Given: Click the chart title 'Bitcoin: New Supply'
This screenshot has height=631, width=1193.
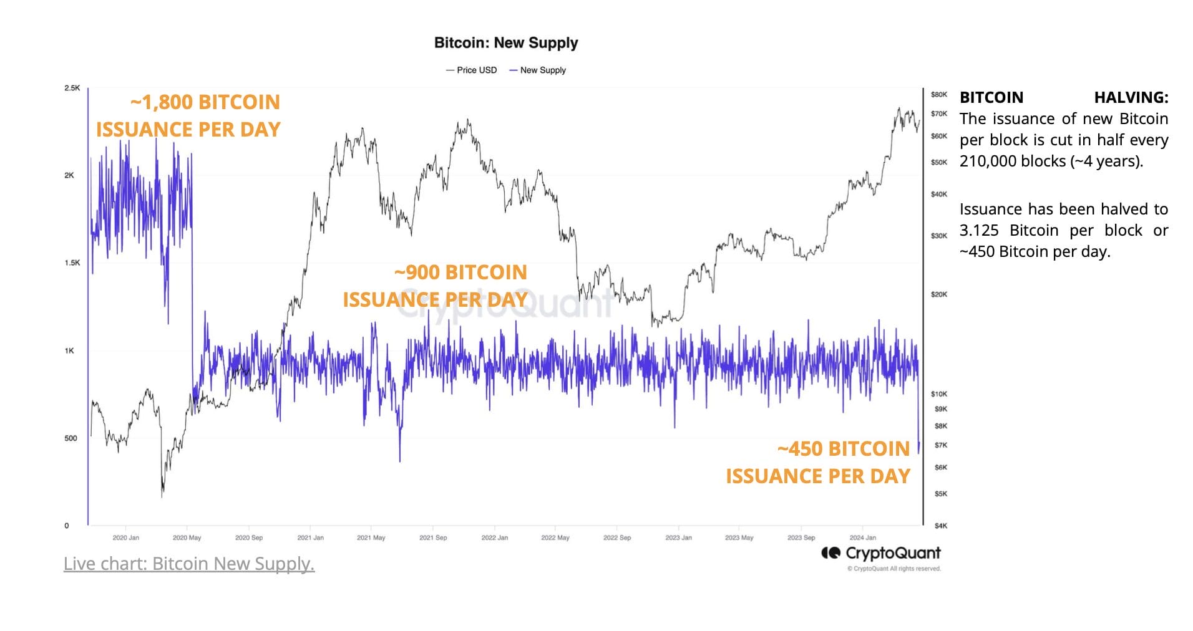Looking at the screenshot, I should click(506, 43).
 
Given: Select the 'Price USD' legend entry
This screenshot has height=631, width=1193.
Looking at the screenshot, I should click(472, 70).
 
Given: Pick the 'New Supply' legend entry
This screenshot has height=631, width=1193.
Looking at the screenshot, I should click(538, 70).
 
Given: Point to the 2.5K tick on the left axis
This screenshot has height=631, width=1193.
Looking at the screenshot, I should click(72, 88).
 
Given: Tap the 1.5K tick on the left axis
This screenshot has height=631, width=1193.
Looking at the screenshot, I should click(72, 263).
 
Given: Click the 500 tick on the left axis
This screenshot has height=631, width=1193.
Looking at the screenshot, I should click(71, 438).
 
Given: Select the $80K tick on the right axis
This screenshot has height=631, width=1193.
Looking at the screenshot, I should click(938, 95).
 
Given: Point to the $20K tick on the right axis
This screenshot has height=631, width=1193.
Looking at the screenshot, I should click(938, 294).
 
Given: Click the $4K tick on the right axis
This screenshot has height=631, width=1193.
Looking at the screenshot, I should click(940, 526).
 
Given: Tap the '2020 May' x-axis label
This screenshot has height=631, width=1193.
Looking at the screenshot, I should click(187, 537).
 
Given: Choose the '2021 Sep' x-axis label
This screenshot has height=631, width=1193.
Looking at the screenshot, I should click(433, 537).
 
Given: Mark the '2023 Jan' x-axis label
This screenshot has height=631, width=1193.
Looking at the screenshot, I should click(678, 537).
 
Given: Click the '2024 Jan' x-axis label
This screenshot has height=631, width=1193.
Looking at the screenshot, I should click(862, 537).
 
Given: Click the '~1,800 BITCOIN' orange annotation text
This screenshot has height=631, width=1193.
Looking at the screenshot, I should click(205, 102).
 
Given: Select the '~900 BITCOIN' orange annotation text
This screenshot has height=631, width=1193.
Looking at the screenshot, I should click(460, 272).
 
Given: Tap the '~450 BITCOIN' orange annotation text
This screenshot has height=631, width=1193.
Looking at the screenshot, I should click(844, 449).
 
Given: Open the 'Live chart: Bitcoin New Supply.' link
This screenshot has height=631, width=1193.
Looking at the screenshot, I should click(189, 564).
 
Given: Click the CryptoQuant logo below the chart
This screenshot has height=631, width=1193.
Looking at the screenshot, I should click(881, 553).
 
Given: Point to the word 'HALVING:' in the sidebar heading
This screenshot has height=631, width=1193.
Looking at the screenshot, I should click(1131, 98).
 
